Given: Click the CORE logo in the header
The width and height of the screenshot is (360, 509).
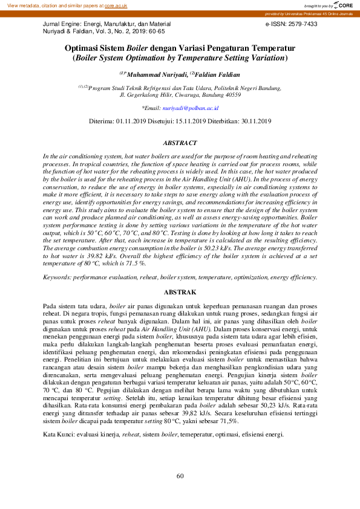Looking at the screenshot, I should (343, 5).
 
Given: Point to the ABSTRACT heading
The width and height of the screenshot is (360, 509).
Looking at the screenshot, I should (180, 143).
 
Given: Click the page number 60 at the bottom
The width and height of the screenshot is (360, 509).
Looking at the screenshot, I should (180, 476).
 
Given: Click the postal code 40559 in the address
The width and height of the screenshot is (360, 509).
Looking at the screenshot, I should (232, 95).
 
